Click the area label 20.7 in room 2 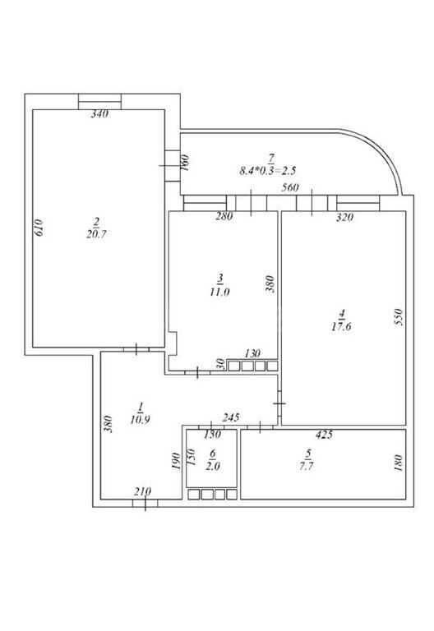tap(96, 234)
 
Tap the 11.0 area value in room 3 tap(219, 292)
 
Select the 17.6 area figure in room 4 tap(341, 326)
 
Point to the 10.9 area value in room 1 tap(140, 420)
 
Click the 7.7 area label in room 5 tap(307, 467)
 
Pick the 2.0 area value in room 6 tap(213, 467)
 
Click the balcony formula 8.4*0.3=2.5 tap(268, 171)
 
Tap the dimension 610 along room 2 tap(39, 228)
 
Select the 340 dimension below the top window tap(99, 114)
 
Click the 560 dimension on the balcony tap(290, 187)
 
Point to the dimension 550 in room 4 tap(398, 317)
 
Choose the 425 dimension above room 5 tap(324, 434)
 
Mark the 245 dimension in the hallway tap(231, 417)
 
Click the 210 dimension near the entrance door tap(142, 491)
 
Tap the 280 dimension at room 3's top tap(224, 217)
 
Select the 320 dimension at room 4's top tap(344, 217)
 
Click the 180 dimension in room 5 tap(398, 463)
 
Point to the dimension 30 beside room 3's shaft tap(220, 365)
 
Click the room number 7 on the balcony tap(271, 158)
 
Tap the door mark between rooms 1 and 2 tap(136, 349)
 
